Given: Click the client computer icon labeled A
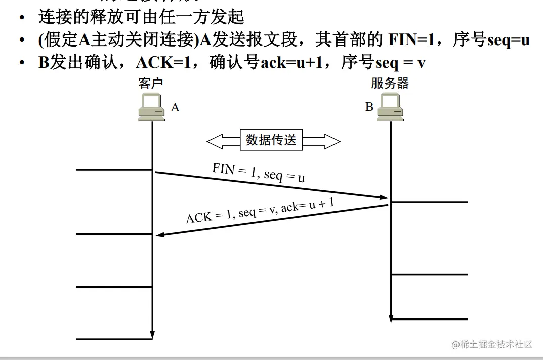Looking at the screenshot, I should pos(152,107).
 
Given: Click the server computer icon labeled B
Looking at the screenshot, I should pos(390,107).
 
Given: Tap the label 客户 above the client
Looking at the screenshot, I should pos(151,84).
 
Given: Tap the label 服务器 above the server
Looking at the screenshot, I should pos(390,84).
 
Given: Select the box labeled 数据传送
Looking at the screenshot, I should pos(271,140).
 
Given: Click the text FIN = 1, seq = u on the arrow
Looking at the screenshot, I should pos(258,173).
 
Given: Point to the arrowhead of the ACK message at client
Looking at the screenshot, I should pos(160,234).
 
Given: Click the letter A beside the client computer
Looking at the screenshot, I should pos(175,107).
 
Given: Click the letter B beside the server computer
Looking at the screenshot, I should pos(369,107).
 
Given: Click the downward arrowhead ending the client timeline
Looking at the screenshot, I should pos(152,335).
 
